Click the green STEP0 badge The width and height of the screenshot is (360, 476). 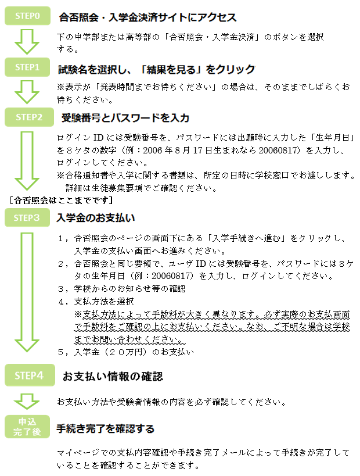28,16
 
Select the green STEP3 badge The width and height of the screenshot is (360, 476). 28,218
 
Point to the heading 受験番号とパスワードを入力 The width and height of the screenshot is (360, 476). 125,118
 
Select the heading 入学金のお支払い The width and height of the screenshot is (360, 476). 96,219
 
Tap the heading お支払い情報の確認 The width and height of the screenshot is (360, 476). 113,377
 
